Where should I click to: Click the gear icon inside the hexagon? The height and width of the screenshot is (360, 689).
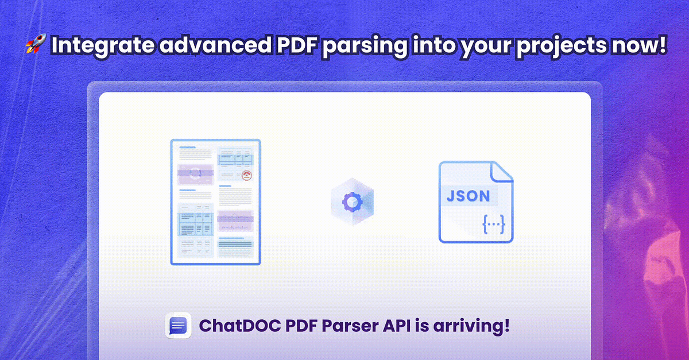tap(352, 202)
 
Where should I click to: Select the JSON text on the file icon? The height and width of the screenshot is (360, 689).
tap(469, 196)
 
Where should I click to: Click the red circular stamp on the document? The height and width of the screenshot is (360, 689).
tap(247, 176)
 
